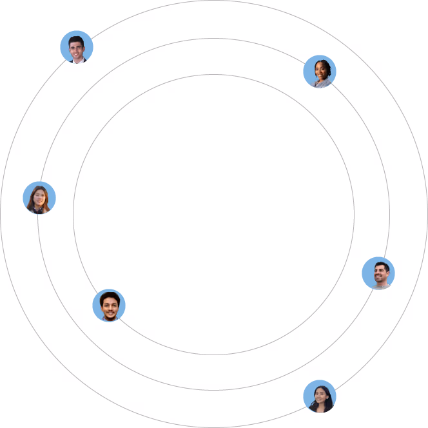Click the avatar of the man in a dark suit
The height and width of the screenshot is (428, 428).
point(77,47)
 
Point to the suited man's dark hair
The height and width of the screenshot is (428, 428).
point(77,40)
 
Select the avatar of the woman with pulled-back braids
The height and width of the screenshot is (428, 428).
point(320,72)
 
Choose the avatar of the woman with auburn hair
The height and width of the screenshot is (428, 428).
point(39,198)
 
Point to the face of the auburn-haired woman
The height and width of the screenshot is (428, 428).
point(39,197)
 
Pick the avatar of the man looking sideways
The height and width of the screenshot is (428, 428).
point(378,273)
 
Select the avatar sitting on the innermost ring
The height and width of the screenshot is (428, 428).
point(109,306)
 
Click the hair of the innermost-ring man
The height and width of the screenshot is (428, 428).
point(109,297)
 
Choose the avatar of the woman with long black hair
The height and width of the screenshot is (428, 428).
point(320,396)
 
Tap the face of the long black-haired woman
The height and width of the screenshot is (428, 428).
point(320,395)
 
